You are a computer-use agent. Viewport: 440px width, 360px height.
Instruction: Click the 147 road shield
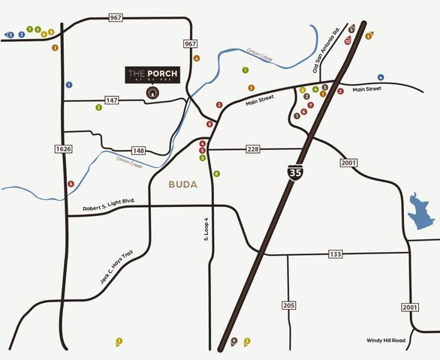(x=113, y=99)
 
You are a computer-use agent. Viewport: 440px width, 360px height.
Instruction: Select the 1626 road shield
(x=63, y=149)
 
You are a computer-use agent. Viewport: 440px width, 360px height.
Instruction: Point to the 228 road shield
(x=253, y=150)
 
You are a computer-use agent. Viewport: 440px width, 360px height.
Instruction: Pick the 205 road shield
(x=289, y=305)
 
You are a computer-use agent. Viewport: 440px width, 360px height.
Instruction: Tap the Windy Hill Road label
(x=386, y=340)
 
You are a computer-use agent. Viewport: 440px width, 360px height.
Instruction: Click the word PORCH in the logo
(x=164, y=73)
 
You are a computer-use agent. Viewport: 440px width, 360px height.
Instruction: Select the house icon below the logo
(x=152, y=93)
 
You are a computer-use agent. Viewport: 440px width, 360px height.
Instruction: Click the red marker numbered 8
(x=71, y=184)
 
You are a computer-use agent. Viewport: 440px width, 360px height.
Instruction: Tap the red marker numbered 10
(x=348, y=42)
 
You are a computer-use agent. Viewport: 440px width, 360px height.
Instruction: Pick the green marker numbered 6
(x=216, y=173)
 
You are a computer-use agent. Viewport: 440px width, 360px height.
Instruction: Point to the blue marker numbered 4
(x=381, y=77)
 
